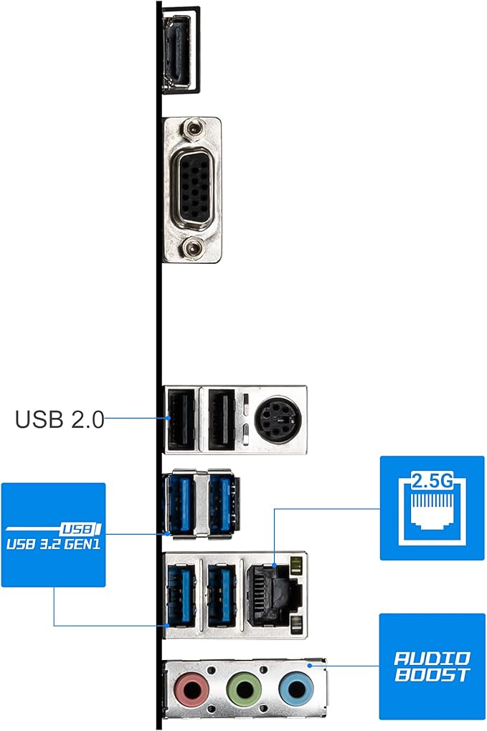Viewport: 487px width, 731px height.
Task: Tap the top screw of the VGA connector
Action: tap(191, 130)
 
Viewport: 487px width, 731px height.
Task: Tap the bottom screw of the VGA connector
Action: tap(191, 249)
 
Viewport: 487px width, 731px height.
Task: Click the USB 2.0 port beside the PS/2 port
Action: tap(219, 419)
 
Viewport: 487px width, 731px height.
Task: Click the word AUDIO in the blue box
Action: tap(432, 658)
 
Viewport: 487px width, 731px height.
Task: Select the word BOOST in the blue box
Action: tap(432, 674)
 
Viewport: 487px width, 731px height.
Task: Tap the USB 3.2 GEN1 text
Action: tap(54, 543)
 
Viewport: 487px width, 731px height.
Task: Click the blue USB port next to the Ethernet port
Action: tap(219, 594)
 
